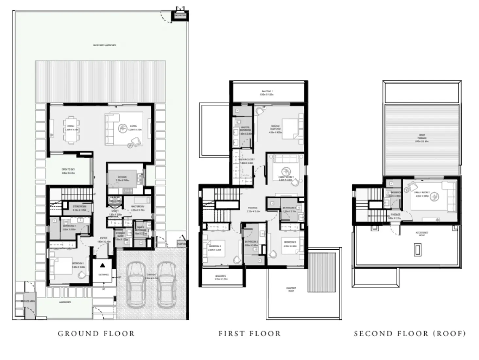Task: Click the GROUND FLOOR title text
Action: [96, 334]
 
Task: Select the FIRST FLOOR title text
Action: [249, 334]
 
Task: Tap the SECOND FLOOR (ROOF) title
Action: [410, 334]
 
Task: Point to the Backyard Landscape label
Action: [105, 45]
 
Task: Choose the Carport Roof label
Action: [291, 289]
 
